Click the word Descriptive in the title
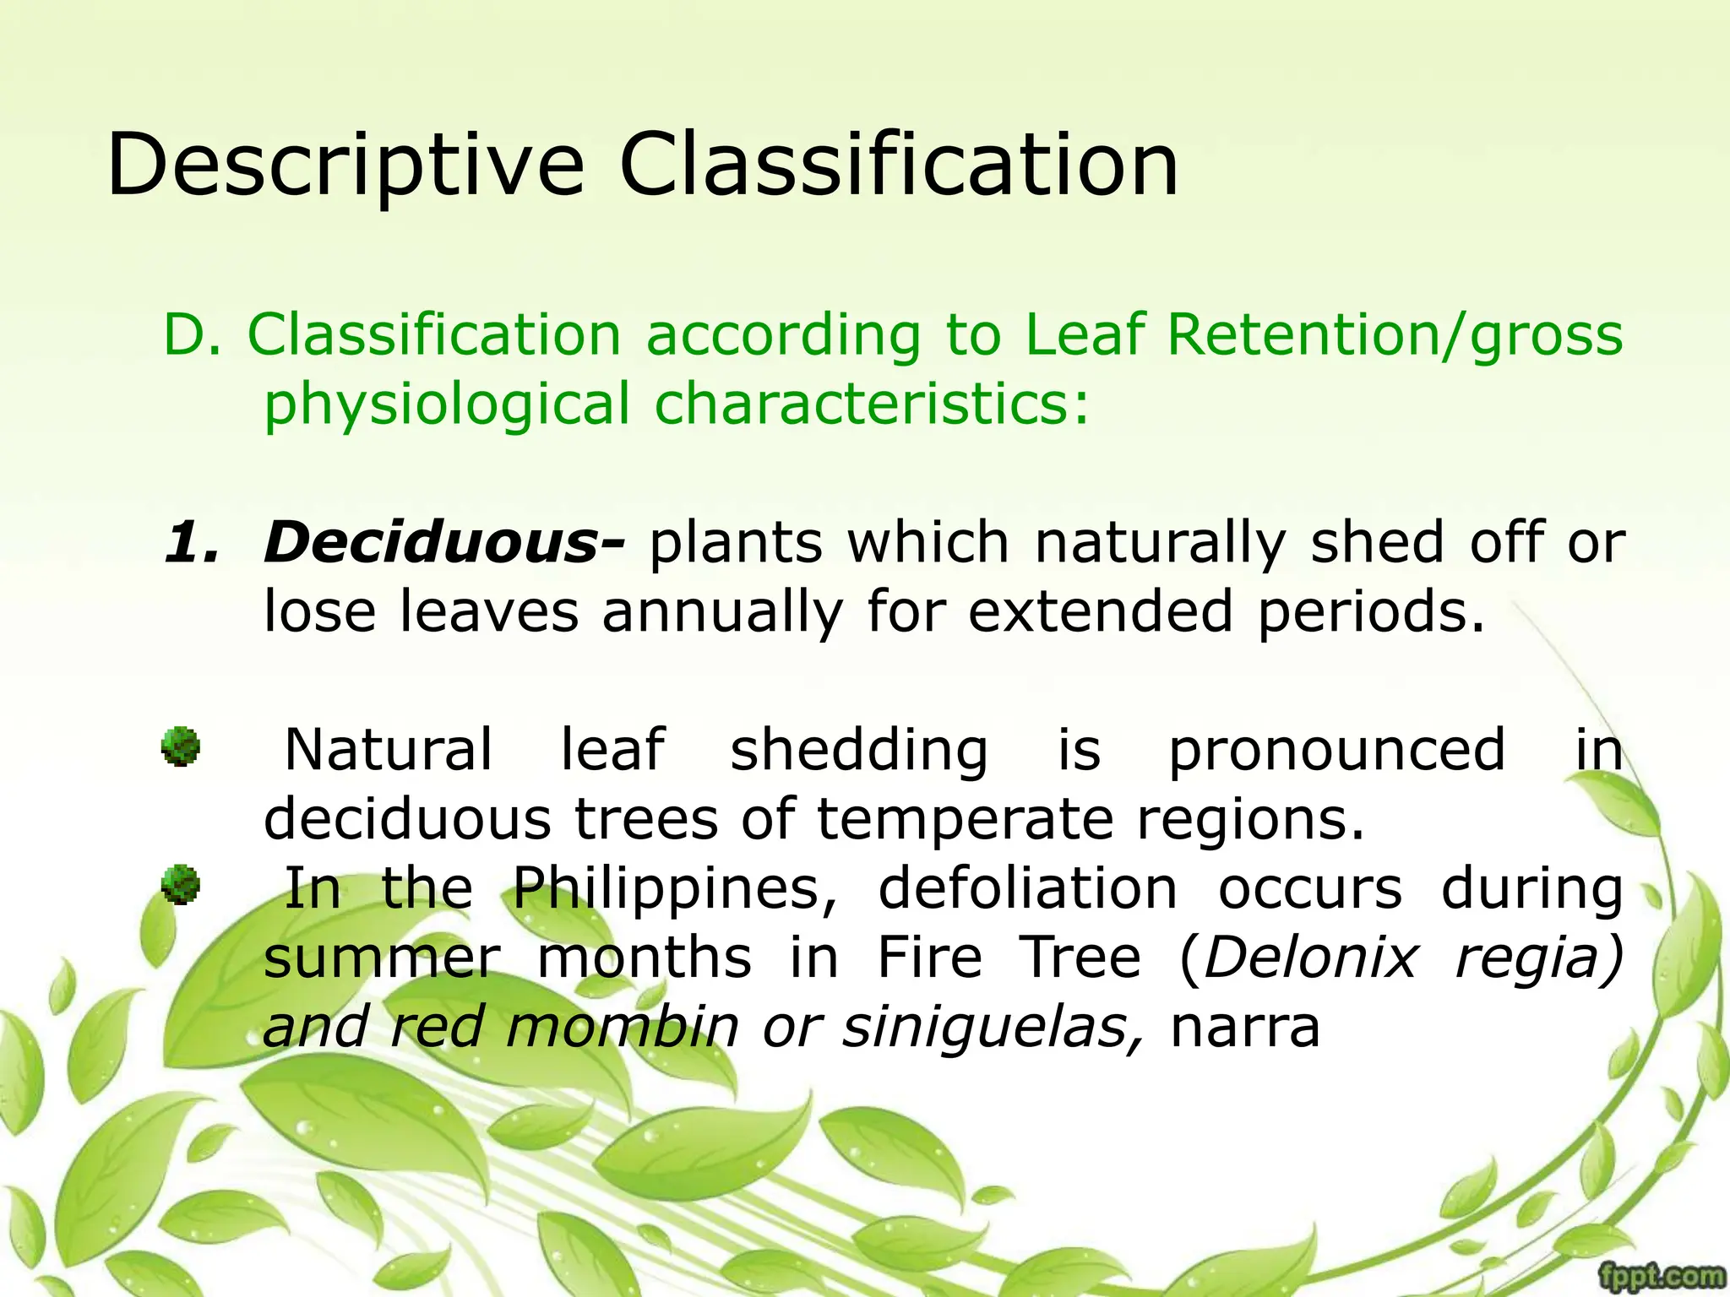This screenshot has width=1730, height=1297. pos(345,166)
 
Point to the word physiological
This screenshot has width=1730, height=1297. pos(447,404)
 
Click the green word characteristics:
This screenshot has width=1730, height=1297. pos(872,404)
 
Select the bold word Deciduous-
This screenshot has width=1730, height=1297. pos(444,542)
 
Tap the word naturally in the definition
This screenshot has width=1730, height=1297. pos(1160,542)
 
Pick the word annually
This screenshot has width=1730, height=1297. pos(722,611)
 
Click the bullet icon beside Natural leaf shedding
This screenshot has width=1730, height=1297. pos(181,746)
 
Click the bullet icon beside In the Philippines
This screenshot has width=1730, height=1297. pos(181,885)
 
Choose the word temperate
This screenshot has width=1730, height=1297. pos(966,819)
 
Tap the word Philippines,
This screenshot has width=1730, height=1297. pos(676,890)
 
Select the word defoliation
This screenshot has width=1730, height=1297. pos(1027,890)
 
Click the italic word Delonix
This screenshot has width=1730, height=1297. pos(1310,959)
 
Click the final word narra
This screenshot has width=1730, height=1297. pos(1244,1028)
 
